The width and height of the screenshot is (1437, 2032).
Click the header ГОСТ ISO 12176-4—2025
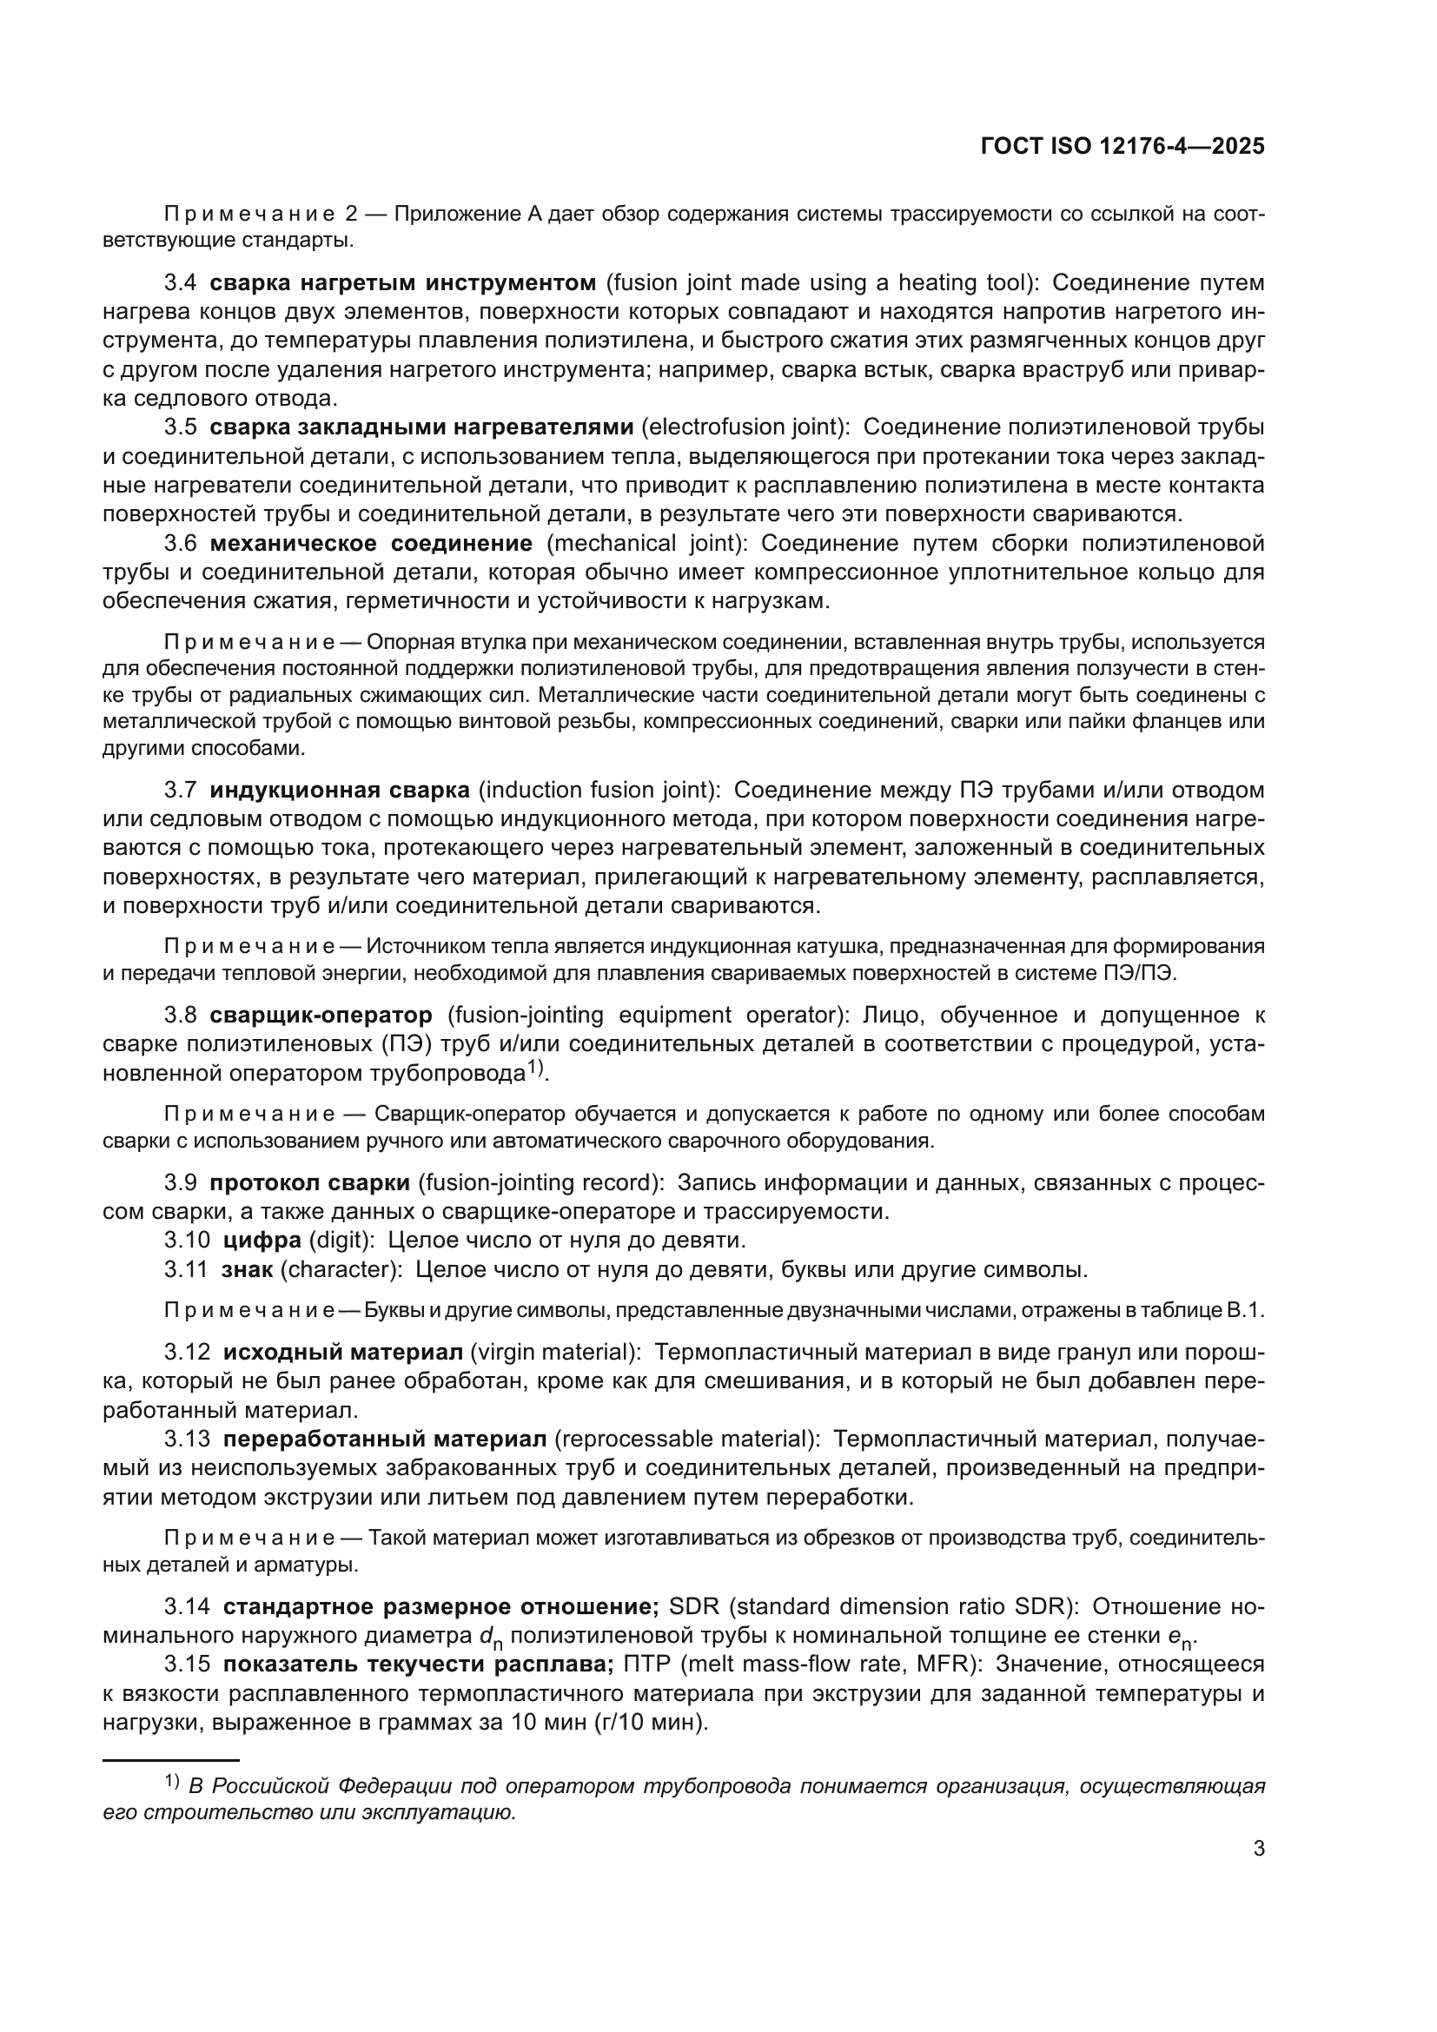click(x=1122, y=147)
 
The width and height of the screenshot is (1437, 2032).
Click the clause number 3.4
click(x=181, y=283)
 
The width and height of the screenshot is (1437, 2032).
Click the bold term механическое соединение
click(x=371, y=542)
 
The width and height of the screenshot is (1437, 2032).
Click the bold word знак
click(x=248, y=1270)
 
